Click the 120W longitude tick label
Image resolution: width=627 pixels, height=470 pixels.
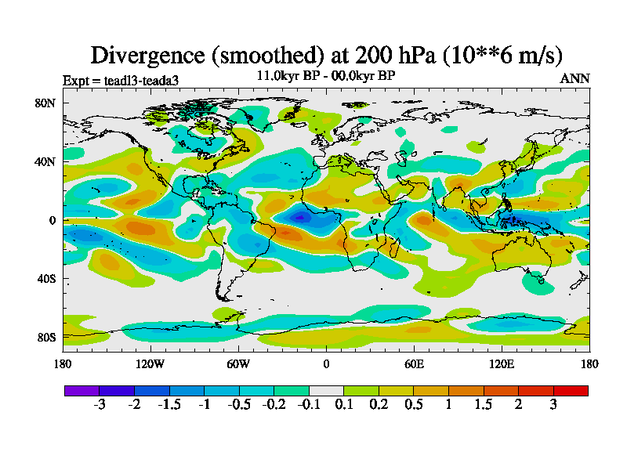click(x=150, y=363)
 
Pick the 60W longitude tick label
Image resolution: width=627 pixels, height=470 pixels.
click(x=237, y=363)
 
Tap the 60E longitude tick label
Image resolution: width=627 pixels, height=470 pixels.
click(x=414, y=363)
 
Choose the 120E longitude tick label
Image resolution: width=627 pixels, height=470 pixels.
click(x=502, y=363)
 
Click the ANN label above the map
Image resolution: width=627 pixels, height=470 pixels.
click(x=574, y=78)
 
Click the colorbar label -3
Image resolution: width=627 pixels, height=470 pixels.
click(x=100, y=405)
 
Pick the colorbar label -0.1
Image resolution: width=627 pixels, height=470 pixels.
click(x=308, y=405)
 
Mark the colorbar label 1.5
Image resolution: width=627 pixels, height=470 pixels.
click(x=484, y=405)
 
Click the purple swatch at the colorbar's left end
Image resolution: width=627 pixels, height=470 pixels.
click(x=82, y=390)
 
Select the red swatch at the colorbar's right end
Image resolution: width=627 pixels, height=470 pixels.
click(x=571, y=390)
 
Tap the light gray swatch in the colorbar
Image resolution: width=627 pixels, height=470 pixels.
click(x=326, y=390)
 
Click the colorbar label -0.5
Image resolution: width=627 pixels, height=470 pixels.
click(x=238, y=405)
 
